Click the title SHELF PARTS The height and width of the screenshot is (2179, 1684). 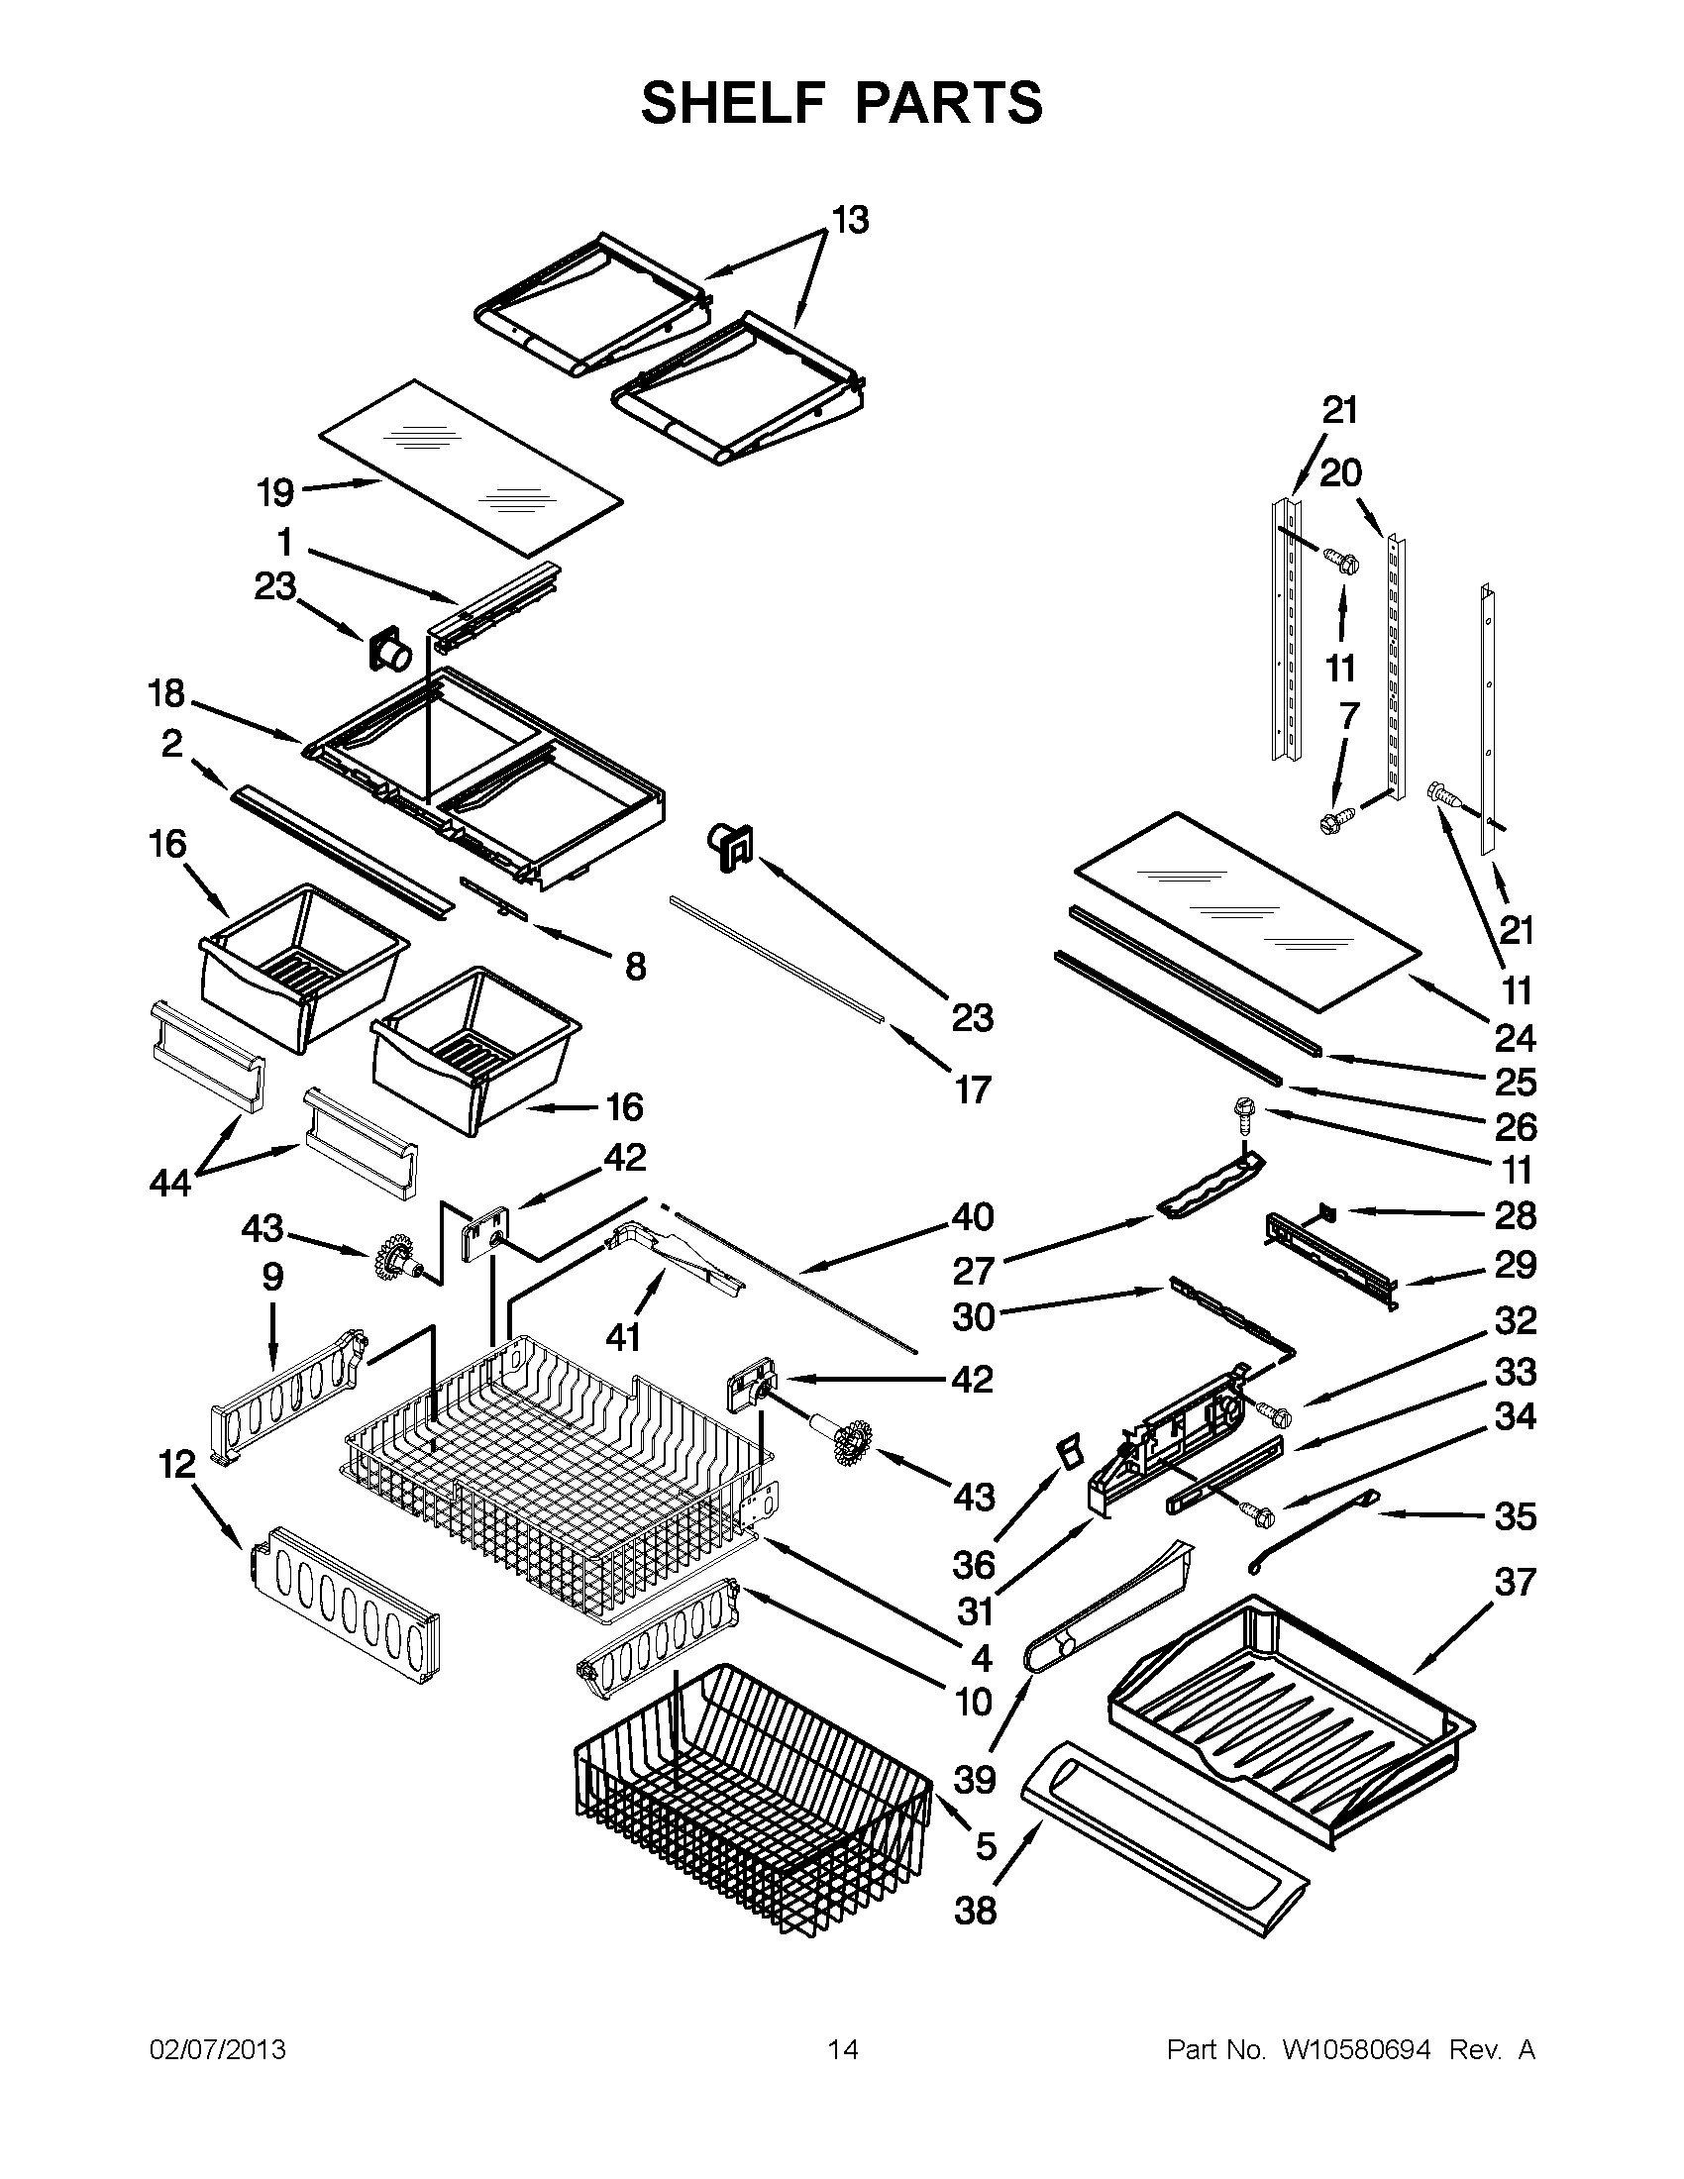[841, 103]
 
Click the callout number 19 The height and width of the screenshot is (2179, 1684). [275, 492]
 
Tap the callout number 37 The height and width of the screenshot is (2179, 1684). [1515, 1582]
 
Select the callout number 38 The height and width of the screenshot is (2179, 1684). [975, 1911]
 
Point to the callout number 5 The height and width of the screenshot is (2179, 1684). [986, 1846]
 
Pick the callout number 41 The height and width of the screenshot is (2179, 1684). [623, 1336]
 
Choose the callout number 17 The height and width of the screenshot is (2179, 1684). [973, 1089]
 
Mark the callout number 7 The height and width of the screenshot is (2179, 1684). [1349, 715]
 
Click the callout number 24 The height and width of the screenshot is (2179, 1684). [1515, 1039]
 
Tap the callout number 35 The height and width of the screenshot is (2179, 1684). [1516, 1516]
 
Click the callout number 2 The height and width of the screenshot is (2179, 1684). [172, 743]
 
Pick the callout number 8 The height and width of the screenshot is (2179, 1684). [636, 965]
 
